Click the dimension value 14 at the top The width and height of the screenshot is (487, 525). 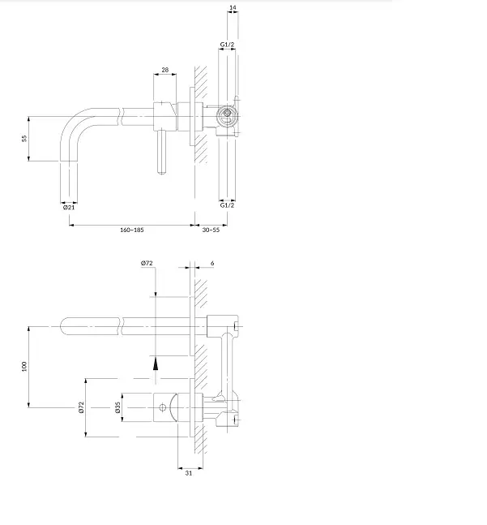pyautogui.click(x=233, y=7)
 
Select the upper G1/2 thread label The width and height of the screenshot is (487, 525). pyautogui.click(x=227, y=44)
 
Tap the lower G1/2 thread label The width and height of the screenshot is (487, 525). pyautogui.click(x=227, y=205)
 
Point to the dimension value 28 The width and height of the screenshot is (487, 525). pyautogui.click(x=165, y=70)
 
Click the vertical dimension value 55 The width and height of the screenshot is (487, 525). pyautogui.click(x=24, y=139)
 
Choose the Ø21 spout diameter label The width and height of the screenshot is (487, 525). pyautogui.click(x=69, y=207)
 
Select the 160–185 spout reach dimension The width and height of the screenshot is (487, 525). pyautogui.click(x=132, y=230)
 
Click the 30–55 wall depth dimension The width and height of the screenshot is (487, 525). pyautogui.click(x=211, y=230)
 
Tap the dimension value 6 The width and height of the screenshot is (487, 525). pyautogui.click(x=212, y=263)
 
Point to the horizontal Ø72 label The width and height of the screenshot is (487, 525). pyautogui.click(x=147, y=263)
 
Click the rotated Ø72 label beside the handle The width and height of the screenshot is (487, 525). pyautogui.click(x=82, y=407)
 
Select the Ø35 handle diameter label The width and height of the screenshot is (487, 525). pyautogui.click(x=117, y=407)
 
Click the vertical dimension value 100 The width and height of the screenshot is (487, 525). pyautogui.click(x=24, y=366)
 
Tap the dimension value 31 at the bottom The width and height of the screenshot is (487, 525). pyautogui.click(x=189, y=473)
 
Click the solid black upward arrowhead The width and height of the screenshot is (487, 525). pyautogui.click(x=156, y=364)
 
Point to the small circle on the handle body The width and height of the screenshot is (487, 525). pyautogui.click(x=162, y=407)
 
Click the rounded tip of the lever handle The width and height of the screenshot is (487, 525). pyautogui.click(x=161, y=173)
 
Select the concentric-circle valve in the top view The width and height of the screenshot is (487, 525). pyautogui.click(x=227, y=113)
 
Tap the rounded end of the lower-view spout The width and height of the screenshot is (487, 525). pyautogui.click(x=64, y=326)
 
